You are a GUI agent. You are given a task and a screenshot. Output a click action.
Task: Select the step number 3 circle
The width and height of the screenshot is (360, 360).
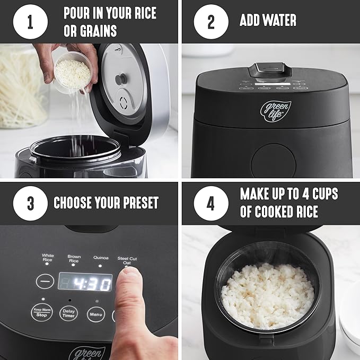pos(30,203)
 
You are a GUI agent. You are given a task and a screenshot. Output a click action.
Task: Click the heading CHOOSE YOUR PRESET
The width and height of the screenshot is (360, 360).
pos(106,203)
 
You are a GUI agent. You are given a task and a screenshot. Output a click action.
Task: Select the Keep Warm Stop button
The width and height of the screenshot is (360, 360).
pos(42,313)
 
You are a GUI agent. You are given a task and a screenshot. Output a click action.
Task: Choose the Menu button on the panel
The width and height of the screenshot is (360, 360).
pos(95,313)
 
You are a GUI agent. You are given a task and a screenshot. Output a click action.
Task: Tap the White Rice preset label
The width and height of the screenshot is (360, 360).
pos(48,258)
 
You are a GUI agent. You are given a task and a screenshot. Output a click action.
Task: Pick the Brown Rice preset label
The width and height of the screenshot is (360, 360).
pos(74,258)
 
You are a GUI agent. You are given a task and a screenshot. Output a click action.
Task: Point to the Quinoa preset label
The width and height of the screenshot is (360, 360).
pos(101,257)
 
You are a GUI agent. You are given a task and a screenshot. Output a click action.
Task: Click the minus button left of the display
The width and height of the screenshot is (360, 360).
pos(45,281)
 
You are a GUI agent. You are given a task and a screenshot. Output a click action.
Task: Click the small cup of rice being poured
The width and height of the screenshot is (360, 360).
pos(69,75)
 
